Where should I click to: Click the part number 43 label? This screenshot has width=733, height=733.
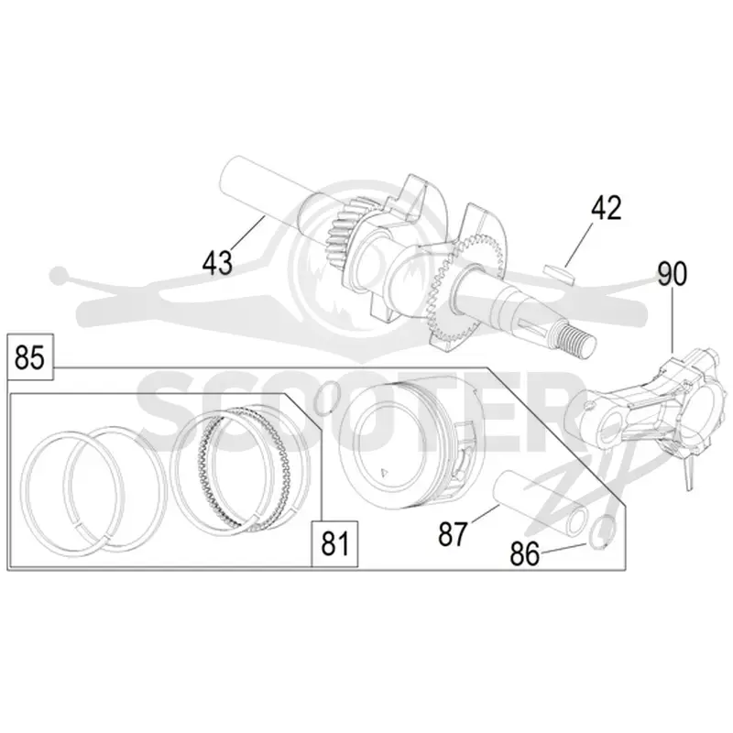pos(217,262)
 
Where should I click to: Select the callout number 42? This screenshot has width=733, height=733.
pos(607,208)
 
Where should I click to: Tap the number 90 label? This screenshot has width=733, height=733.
pos(673,274)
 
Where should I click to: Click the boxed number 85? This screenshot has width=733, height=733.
pos(29,357)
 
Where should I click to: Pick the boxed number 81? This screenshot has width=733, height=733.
pos(334,543)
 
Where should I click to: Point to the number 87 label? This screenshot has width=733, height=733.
pos(453,534)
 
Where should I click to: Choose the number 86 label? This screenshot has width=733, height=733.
pos(524,554)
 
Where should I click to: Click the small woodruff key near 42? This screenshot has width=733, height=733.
pos(558,273)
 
